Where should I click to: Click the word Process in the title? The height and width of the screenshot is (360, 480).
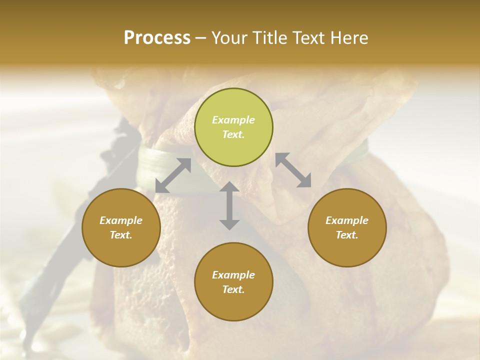coord(157,38)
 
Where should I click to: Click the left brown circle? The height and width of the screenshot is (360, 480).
coord(121,227)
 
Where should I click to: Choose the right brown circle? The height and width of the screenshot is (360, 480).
coord(347,227)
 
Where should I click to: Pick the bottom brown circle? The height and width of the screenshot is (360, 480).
coord(233,281)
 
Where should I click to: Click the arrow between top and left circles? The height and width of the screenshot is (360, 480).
coord(173,175)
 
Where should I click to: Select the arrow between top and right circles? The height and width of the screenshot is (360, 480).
coord(293,170)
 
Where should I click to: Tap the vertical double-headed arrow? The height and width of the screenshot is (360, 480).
coord(229,205)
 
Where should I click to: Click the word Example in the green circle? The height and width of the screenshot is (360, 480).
coord(233,120)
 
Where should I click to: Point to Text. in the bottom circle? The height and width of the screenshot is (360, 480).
coord(233,289)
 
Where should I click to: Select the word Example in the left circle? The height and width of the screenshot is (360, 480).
coord(121,220)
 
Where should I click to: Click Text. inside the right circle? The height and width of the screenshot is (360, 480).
coord(347,235)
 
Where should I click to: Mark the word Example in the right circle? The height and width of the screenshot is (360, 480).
coord(347,220)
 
